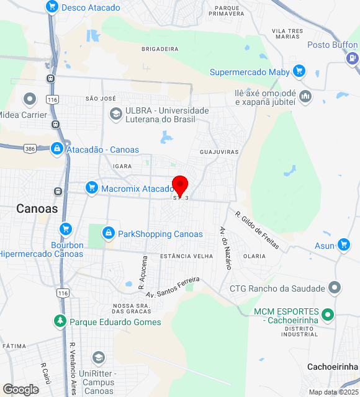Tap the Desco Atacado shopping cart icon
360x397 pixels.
coord(52,7)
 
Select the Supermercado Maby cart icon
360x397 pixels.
coord(300,72)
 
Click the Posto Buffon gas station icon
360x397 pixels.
coord(353,58)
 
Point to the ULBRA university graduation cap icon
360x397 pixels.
coord(115,114)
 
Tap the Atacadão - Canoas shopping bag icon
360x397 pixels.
coord(57,149)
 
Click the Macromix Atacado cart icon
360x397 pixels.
coord(92,188)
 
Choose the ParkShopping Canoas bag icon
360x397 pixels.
coord(109,234)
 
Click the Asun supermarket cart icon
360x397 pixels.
coord(344,246)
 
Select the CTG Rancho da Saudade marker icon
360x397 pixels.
coord(335,288)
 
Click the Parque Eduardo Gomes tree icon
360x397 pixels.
coord(60,322)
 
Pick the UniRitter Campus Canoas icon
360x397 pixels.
coord(98,358)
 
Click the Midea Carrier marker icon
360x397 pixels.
coord(29,99)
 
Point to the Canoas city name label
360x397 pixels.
coord(37,208)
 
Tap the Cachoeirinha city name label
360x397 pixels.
coord(333,367)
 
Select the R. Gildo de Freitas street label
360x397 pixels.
coord(256,230)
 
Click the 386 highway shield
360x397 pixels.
coord(29,149)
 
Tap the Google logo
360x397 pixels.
coord(20,389)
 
